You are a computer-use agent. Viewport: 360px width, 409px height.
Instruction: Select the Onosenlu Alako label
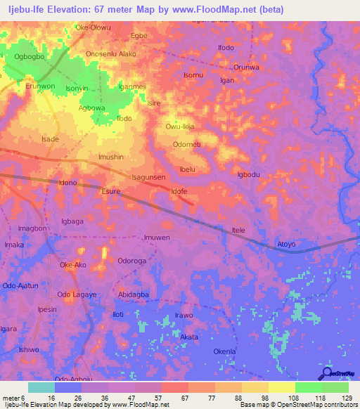point(110,53)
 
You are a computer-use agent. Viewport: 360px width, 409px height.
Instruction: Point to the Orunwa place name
point(246,67)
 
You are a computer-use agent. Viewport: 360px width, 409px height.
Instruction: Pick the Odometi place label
point(187,144)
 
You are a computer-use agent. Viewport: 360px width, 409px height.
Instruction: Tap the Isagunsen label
point(149,178)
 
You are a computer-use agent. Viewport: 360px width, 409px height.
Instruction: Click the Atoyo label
point(286,245)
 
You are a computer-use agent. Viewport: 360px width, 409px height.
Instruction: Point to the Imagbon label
point(32,228)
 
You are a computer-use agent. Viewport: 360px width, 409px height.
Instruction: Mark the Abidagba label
point(134,294)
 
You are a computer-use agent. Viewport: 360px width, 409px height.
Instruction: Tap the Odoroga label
point(131,260)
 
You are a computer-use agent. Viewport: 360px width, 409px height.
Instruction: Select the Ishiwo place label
point(29,349)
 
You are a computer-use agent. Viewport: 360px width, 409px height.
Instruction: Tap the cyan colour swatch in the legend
point(41,387)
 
